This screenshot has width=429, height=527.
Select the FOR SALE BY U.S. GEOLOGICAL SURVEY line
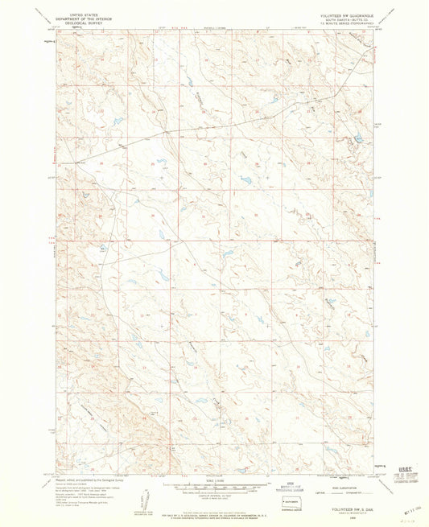tap(216, 501)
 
